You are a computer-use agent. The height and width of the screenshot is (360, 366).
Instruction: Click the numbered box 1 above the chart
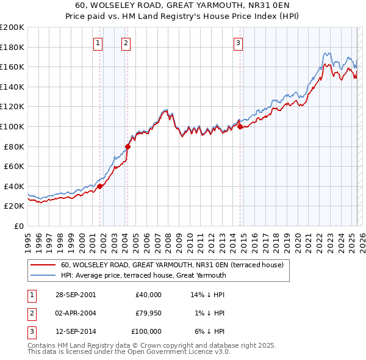[99, 43]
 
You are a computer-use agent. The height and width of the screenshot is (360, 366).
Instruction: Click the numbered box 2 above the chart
[126, 43]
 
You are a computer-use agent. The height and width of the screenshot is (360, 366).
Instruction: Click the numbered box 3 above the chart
[238, 43]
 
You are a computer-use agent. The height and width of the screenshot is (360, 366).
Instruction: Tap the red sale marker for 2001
[100, 186]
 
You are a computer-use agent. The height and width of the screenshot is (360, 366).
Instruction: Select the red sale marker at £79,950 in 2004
[127, 146]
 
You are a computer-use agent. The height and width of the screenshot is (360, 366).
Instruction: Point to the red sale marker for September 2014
[240, 126]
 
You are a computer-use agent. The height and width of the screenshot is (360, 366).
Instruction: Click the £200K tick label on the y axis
[12, 27]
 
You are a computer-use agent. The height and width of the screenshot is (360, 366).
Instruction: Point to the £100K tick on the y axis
[12, 126]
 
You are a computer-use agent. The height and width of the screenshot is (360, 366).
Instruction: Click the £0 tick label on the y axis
[18, 226]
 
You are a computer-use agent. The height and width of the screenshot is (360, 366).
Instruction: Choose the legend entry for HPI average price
[143, 275]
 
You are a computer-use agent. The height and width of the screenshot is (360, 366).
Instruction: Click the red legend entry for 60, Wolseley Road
[172, 265]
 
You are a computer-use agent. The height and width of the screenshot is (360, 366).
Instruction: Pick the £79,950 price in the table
[148, 313]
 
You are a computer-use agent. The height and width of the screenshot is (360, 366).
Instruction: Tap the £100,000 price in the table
[146, 331]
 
